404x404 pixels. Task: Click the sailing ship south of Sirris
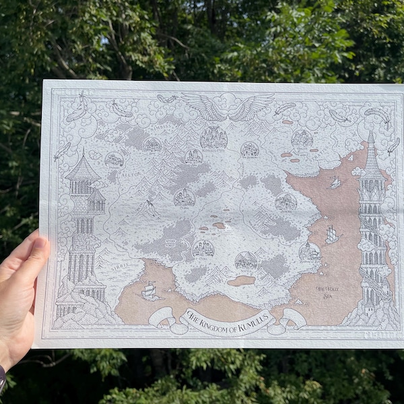click(149, 291)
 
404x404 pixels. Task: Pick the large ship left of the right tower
click(331, 234)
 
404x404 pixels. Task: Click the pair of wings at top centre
click(228, 106)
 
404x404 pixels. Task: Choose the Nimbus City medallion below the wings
click(213, 137)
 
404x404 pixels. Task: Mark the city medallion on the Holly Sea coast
click(308, 252)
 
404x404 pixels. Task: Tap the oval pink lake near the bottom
click(240, 280)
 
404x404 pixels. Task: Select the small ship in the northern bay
click(335, 182)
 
